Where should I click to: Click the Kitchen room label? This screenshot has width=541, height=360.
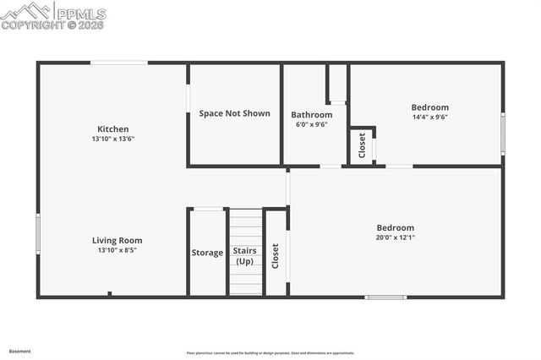click(x=112, y=129)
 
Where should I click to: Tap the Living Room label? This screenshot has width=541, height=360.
click(x=117, y=240)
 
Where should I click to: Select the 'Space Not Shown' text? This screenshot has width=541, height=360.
click(x=234, y=113)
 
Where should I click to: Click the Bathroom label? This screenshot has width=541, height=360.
click(x=311, y=115)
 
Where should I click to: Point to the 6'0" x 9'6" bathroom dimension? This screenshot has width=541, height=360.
click(x=311, y=124)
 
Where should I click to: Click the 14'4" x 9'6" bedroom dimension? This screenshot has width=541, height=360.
click(x=429, y=117)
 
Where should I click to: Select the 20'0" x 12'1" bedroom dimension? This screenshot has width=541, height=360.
click(x=395, y=237)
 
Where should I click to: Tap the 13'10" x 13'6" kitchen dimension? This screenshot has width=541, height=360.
click(x=113, y=139)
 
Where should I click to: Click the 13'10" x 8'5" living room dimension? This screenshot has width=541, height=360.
click(x=117, y=250)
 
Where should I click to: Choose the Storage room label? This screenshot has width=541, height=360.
click(x=207, y=253)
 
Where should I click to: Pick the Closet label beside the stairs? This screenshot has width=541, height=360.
click(x=276, y=255)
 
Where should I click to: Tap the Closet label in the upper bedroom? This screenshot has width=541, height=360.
click(x=362, y=145)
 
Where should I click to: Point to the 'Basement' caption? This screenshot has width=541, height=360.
click(x=19, y=351)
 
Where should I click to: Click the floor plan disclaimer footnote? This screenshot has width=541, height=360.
click(x=270, y=353)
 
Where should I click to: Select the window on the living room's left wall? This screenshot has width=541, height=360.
click(x=38, y=233)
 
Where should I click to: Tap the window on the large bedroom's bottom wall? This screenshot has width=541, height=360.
click(x=385, y=297)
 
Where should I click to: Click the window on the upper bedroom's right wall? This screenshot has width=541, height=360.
click(x=503, y=134)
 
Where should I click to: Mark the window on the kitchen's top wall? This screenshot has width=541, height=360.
click(x=119, y=63)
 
